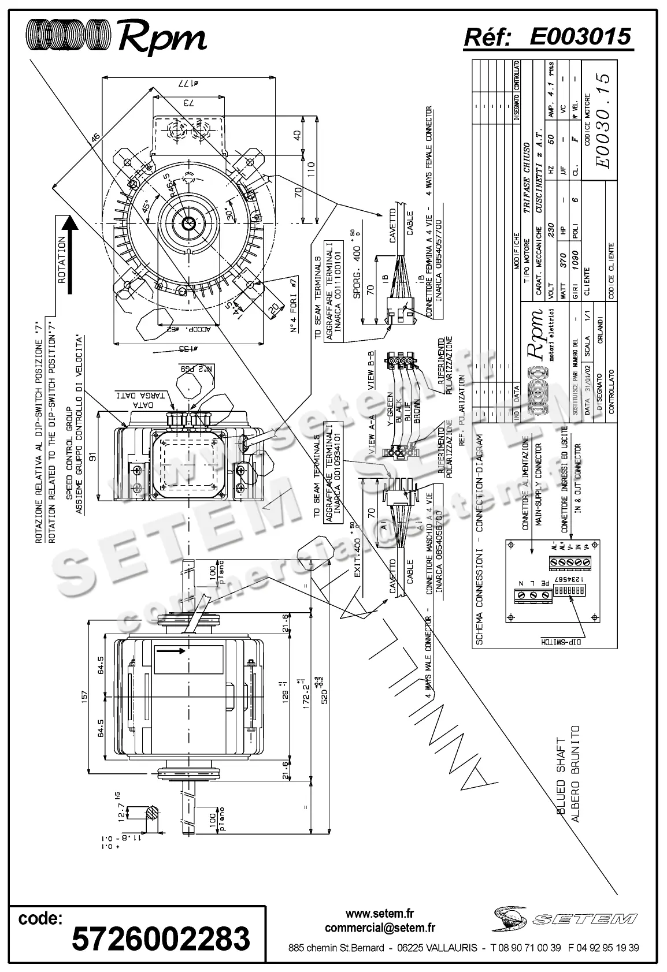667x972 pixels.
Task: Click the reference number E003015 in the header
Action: (x=580, y=36)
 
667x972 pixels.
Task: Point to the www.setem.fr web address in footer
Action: (x=380, y=914)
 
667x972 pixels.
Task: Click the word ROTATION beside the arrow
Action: (x=62, y=259)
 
